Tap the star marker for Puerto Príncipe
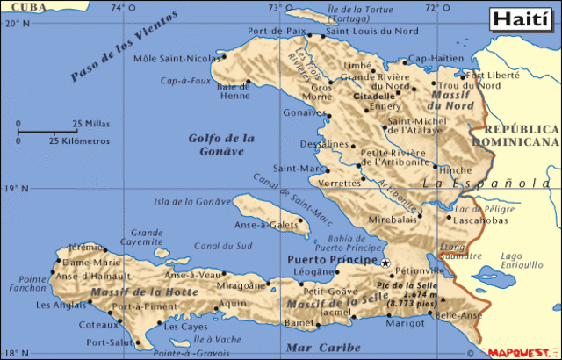(385, 262)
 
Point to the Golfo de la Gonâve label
(221, 144)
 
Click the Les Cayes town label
(186, 327)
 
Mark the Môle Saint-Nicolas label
(177, 59)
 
